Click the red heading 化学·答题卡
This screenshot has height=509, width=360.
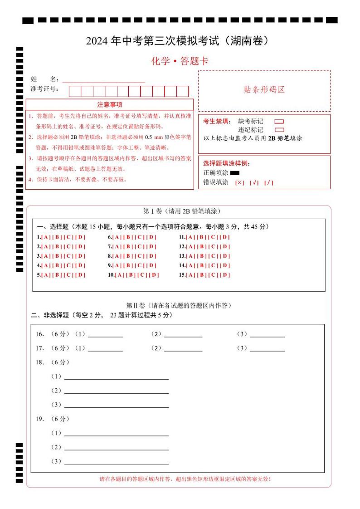point(180,61)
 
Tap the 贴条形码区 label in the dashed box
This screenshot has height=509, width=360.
point(264,90)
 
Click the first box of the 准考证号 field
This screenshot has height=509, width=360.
point(75,91)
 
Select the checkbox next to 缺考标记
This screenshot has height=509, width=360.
point(279,122)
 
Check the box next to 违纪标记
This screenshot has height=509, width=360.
point(279,130)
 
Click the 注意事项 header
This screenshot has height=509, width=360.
point(110,105)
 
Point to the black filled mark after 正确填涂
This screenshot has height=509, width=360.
point(234,173)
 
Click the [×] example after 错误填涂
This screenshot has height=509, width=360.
point(239,183)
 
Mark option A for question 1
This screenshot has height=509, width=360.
point(46,237)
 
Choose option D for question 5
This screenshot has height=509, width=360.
point(81,275)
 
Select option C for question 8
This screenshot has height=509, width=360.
point(140,256)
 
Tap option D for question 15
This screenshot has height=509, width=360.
point(225,275)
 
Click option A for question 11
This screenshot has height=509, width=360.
point(190,237)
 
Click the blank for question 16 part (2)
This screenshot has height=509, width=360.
point(183,335)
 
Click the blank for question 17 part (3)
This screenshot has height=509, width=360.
point(267,349)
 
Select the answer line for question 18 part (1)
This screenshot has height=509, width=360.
point(117,377)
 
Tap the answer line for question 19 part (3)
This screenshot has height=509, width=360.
point(117,462)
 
